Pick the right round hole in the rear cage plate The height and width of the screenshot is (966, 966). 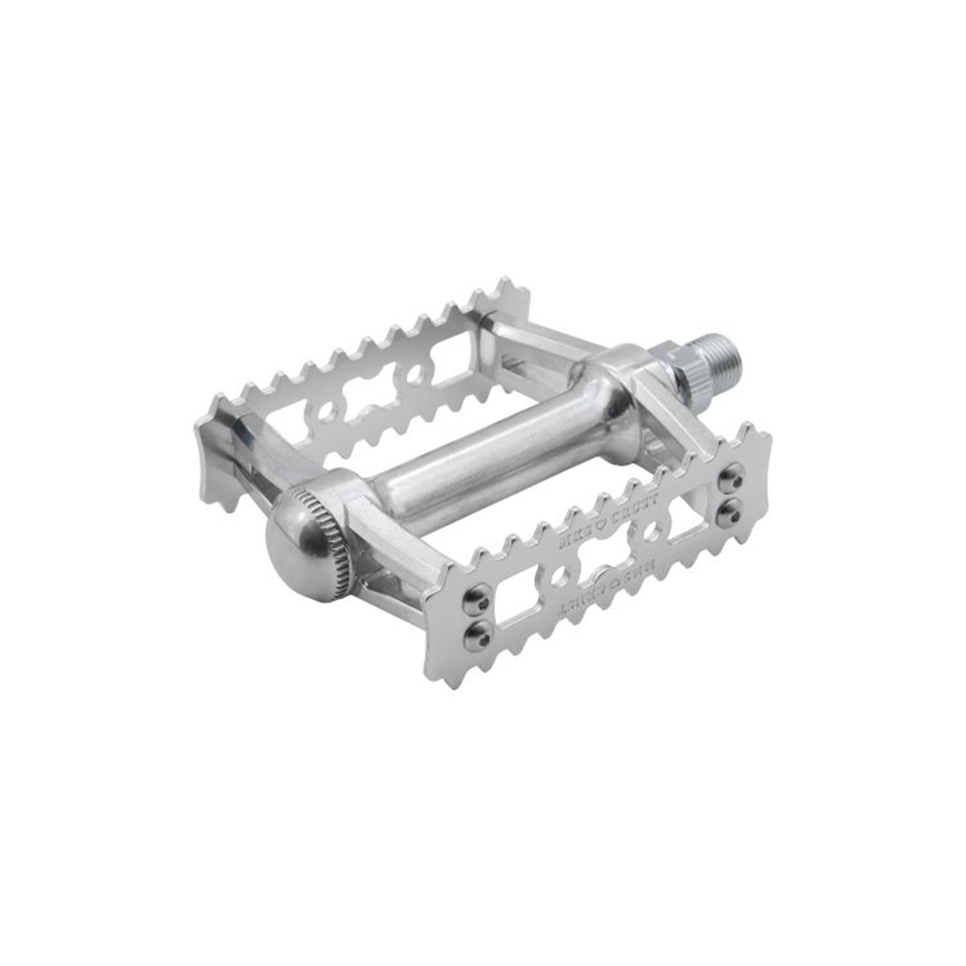(413, 373)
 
